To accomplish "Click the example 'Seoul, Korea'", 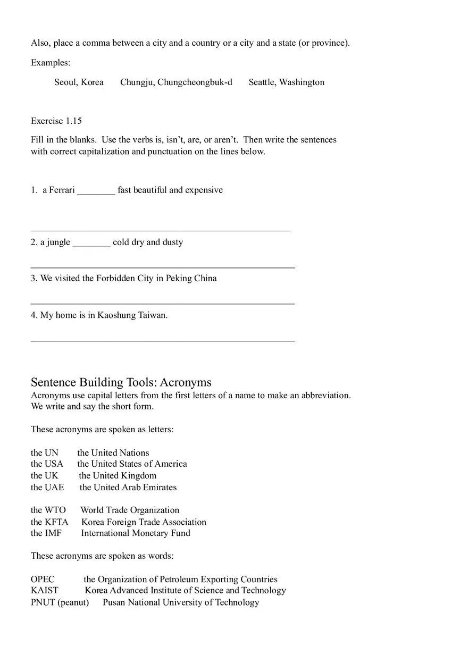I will coord(79,82).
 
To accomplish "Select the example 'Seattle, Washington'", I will coord(286,82).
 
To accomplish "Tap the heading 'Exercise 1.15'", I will coord(56,121).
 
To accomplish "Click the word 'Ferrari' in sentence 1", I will coord(62,190).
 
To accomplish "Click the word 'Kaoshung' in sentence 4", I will coord(116,315).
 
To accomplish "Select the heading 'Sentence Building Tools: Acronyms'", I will coord(121,382).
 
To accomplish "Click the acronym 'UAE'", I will coord(54,488).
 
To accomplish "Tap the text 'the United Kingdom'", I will coord(118,476).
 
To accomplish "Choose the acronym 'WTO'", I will coord(55,510).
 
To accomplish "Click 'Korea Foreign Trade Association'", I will coord(144,522).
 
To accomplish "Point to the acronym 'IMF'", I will coord(54,533).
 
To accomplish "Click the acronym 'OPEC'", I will coord(43,580).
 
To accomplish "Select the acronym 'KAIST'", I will coord(45,591).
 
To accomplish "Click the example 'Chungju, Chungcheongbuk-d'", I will coord(176,82).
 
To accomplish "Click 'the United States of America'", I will coord(132,464).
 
